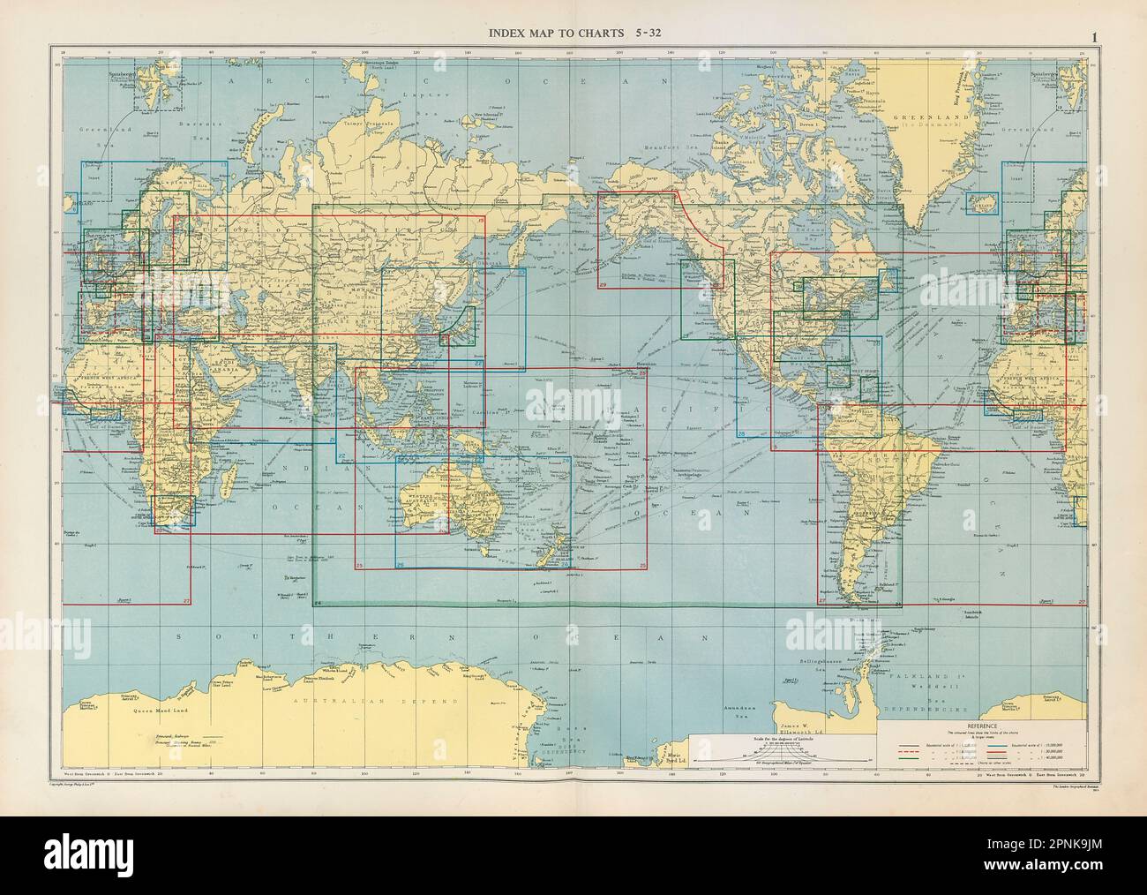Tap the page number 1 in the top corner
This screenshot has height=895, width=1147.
point(1093,37)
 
